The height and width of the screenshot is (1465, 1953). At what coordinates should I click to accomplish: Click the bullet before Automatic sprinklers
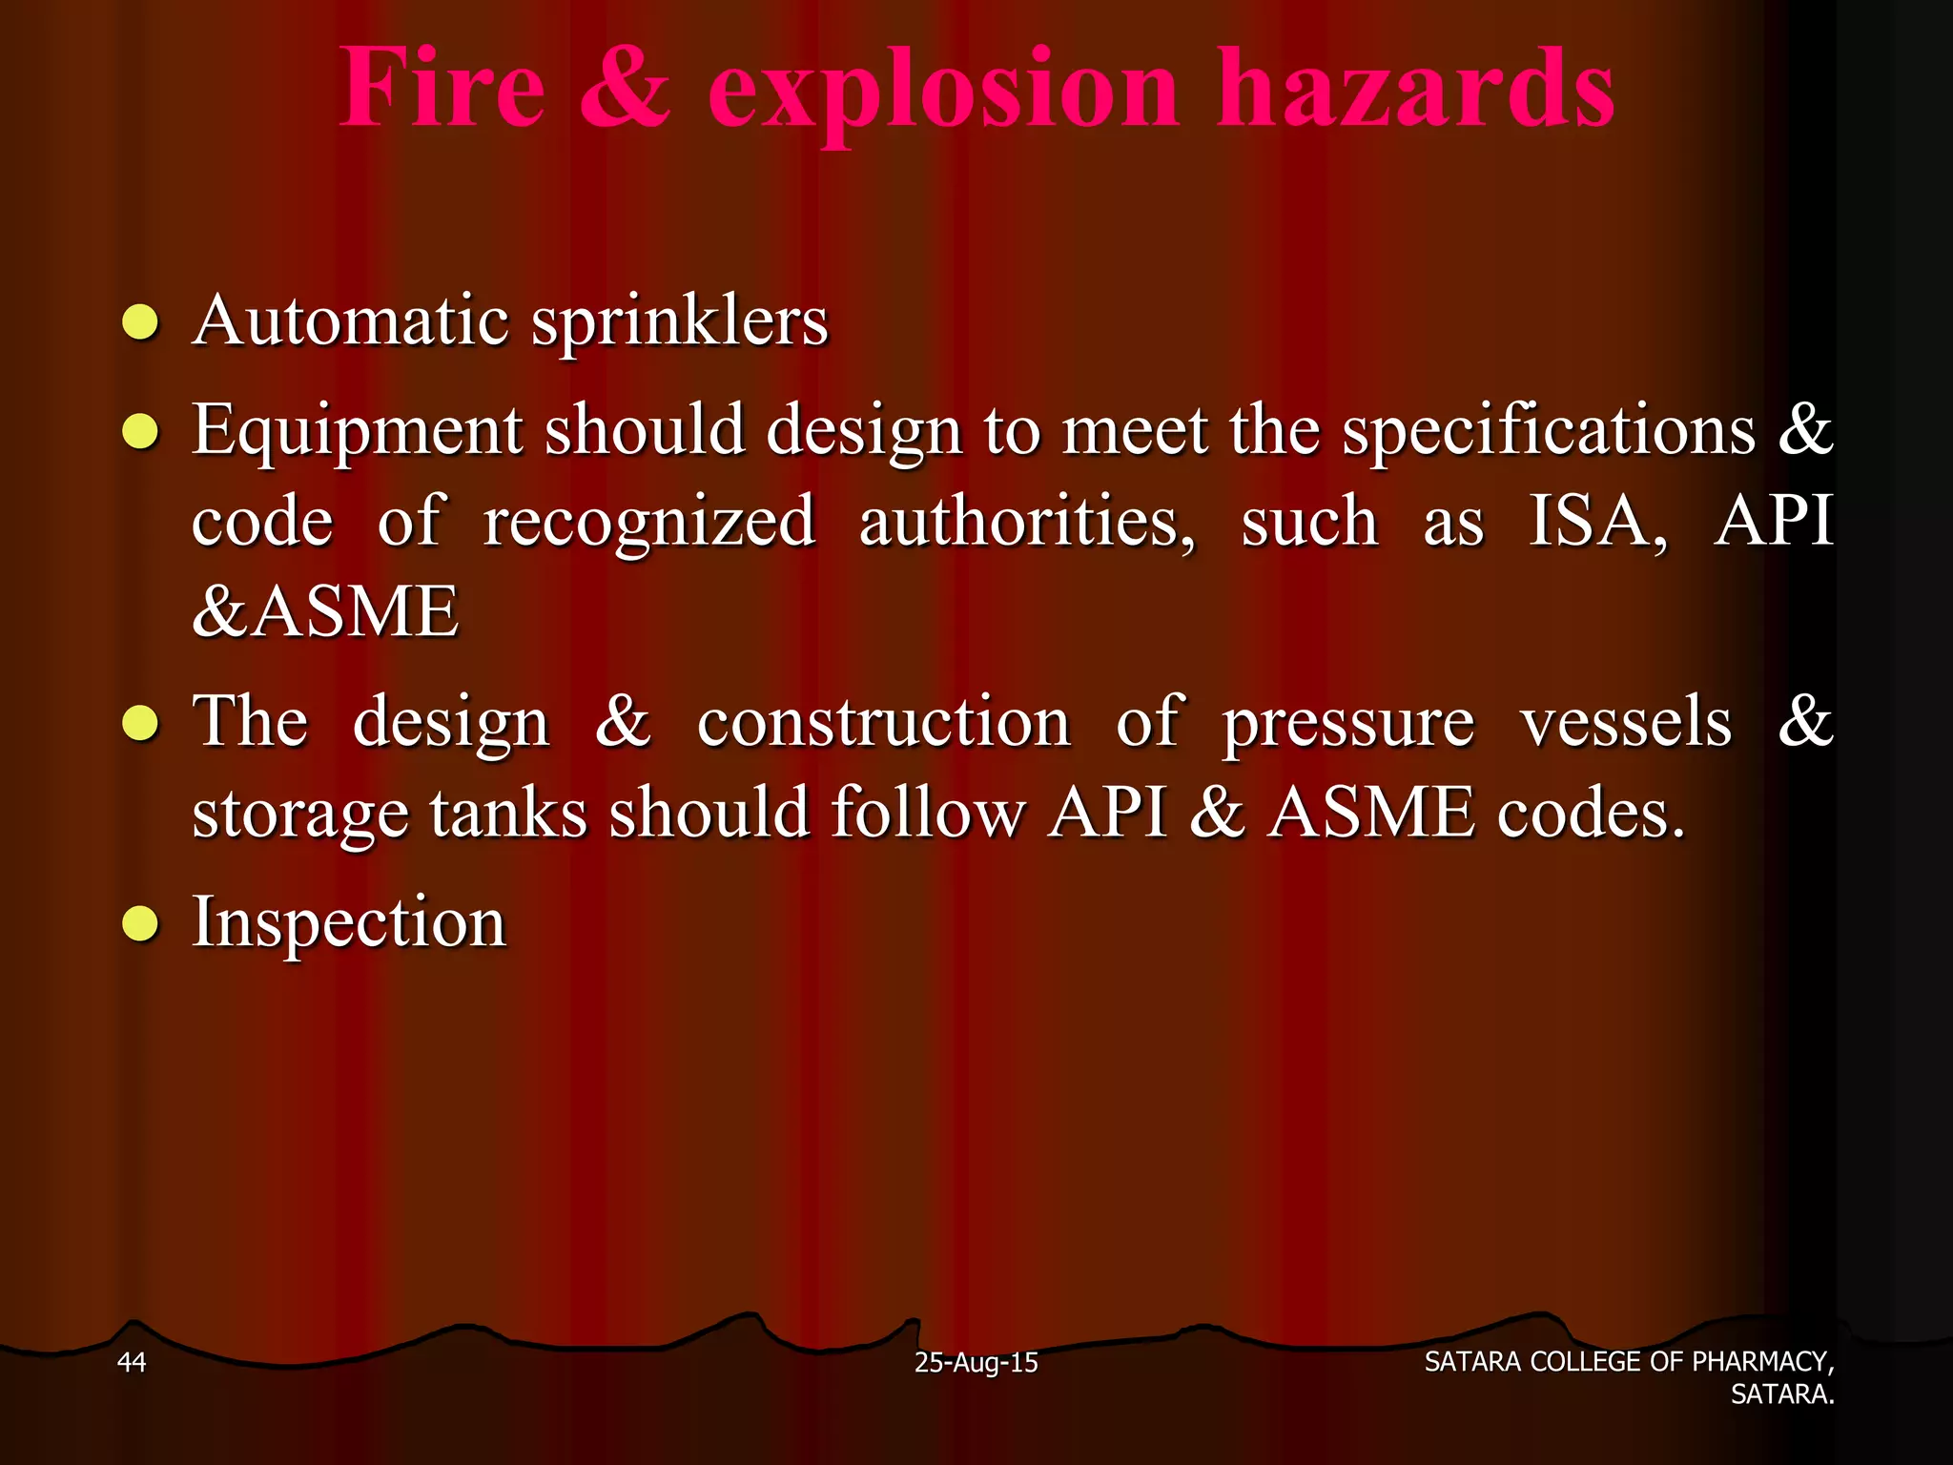pyautogui.click(x=140, y=323)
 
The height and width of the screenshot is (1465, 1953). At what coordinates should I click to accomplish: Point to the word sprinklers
pyautogui.click(x=679, y=322)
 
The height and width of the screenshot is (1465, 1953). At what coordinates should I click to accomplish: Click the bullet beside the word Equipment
pyautogui.click(x=140, y=432)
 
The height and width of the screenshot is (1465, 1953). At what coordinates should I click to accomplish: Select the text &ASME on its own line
pyautogui.click(x=325, y=611)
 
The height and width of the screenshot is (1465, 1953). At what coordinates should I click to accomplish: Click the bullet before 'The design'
pyautogui.click(x=140, y=724)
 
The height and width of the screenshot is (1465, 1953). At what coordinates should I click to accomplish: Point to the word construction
pyautogui.click(x=883, y=722)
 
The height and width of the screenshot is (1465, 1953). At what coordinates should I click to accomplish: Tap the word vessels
pyautogui.click(x=1625, y=722)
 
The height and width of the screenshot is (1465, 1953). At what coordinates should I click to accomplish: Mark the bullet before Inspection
pyautogui.click(x=140, y=924)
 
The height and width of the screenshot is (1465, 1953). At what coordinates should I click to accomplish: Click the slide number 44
pyautogui.click(x=131, y=1362)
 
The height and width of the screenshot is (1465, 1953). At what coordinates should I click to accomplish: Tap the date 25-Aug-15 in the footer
pyautogui.click(x=976, y=1363)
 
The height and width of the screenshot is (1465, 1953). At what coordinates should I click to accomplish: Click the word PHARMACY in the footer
pyautogui.click(x=1760, y=1362)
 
